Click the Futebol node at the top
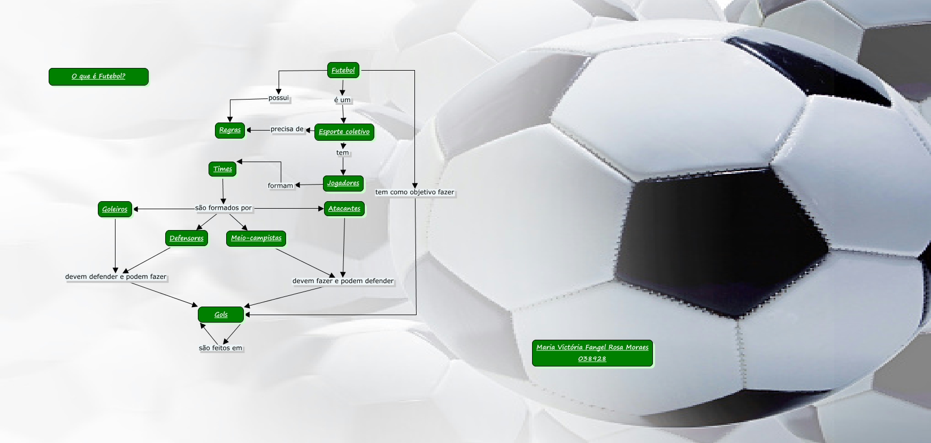click(343, 70)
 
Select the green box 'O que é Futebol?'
click(98, 77)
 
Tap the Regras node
click(230, 130)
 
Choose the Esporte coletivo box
click(344, 132)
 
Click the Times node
click(222, 169)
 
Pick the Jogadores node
click(343, 183)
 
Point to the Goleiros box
click(115, 209)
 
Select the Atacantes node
click(344, 209)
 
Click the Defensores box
click(186, 238)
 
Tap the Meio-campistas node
click(256, 238)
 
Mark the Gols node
click(221, 315)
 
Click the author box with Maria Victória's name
click(592, 353)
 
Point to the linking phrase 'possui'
click(279, 98)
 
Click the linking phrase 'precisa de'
click(287, 129)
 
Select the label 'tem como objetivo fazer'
click(414, 192)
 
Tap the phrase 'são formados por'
click(224, 208)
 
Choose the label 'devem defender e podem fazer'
click(116, 277)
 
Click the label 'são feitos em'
click(220, 348)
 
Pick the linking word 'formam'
click(281, 186)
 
